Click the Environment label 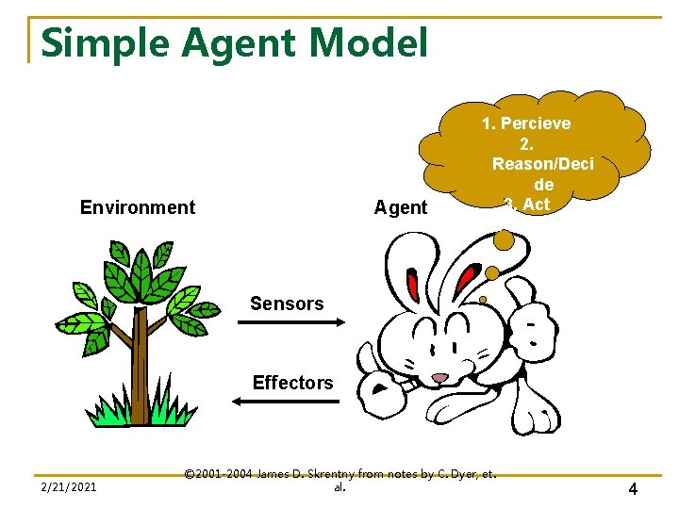138,207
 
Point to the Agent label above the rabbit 401,207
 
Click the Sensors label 287,304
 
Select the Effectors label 292,383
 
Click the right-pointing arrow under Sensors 291,323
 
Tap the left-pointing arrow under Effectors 286,402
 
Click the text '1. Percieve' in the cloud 525,123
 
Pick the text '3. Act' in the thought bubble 527,205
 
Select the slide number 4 632,489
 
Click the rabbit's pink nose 440,378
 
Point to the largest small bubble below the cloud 505,241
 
